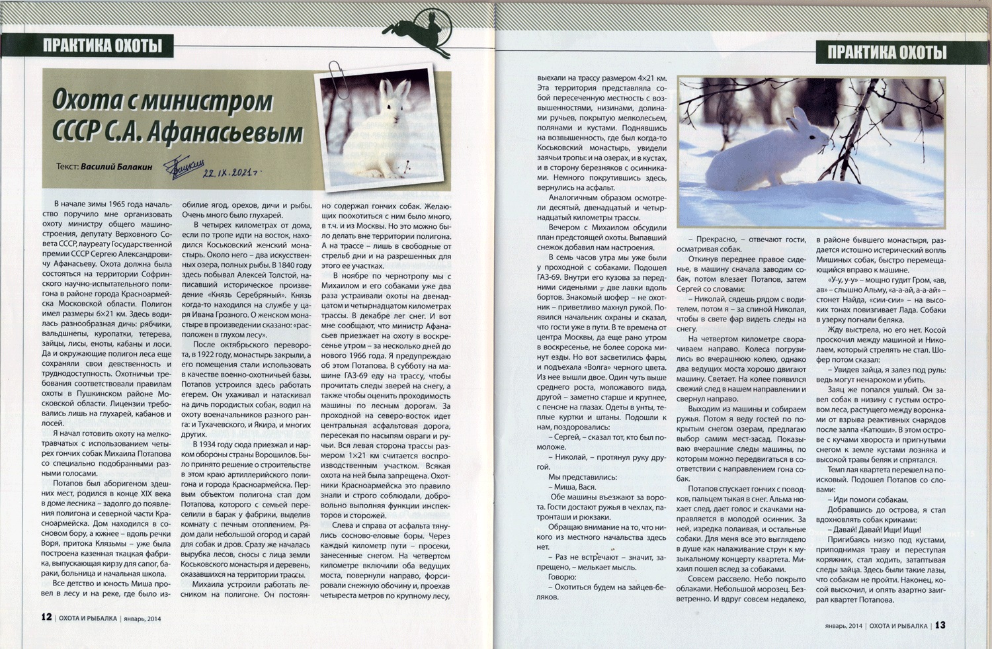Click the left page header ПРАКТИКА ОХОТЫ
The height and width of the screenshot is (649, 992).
point(102,46)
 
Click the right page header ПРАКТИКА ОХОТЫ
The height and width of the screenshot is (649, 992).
point(887,52)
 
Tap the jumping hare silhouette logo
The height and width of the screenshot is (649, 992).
point(420,30)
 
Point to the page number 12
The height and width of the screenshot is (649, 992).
point(46,617)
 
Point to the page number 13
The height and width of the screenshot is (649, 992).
point(940,625)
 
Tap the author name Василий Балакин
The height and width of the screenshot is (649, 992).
point(116,167)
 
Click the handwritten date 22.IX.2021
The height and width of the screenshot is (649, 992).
point(229,173)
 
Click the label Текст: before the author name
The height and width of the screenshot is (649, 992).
point(67,167)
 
